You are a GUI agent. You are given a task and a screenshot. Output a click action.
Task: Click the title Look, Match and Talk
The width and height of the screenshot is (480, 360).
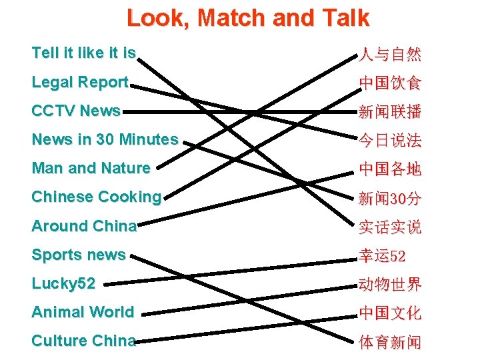[247, 18]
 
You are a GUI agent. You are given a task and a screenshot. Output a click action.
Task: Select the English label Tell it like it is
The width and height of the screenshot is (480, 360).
[83, 53]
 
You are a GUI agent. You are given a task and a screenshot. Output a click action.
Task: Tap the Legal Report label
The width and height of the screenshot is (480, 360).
[79, 82]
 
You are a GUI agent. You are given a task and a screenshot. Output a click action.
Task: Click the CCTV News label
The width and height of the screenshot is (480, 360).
[76, 111]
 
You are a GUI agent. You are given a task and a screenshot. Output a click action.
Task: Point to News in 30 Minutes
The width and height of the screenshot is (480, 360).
[105, 139]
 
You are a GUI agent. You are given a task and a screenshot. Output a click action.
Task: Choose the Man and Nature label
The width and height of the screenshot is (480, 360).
[91, 168]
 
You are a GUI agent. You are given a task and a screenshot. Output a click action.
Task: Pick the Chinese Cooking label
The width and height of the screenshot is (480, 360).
[97, 197]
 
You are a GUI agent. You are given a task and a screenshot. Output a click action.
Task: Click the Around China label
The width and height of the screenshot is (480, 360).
[84, 226]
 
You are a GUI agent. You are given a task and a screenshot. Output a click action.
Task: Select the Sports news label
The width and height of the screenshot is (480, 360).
[79, 255]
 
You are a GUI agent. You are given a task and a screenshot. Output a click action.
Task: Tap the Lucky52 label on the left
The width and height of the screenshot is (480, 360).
[63, 283]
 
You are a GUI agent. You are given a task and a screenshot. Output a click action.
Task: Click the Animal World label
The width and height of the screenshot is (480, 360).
[83, 312]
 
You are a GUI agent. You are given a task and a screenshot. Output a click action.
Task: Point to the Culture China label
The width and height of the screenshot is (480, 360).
[83, 341]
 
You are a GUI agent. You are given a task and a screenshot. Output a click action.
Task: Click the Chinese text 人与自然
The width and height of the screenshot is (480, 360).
[390, 54]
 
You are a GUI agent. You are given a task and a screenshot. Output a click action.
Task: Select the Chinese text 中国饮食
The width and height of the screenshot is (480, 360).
[390, 83]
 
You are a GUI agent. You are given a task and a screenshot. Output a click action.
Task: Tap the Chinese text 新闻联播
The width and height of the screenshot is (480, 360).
[390, 111]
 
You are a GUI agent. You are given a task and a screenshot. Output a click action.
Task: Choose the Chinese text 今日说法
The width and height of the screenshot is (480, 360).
[390, 140]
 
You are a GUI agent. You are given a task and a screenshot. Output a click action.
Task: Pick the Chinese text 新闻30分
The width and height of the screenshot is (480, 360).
[390, 198]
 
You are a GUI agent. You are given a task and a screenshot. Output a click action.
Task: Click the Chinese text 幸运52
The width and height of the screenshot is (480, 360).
[383, 255]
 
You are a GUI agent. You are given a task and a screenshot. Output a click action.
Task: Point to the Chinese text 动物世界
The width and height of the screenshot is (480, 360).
[390, 285]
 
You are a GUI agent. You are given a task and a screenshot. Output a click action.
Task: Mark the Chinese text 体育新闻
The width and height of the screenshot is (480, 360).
[390, 342]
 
